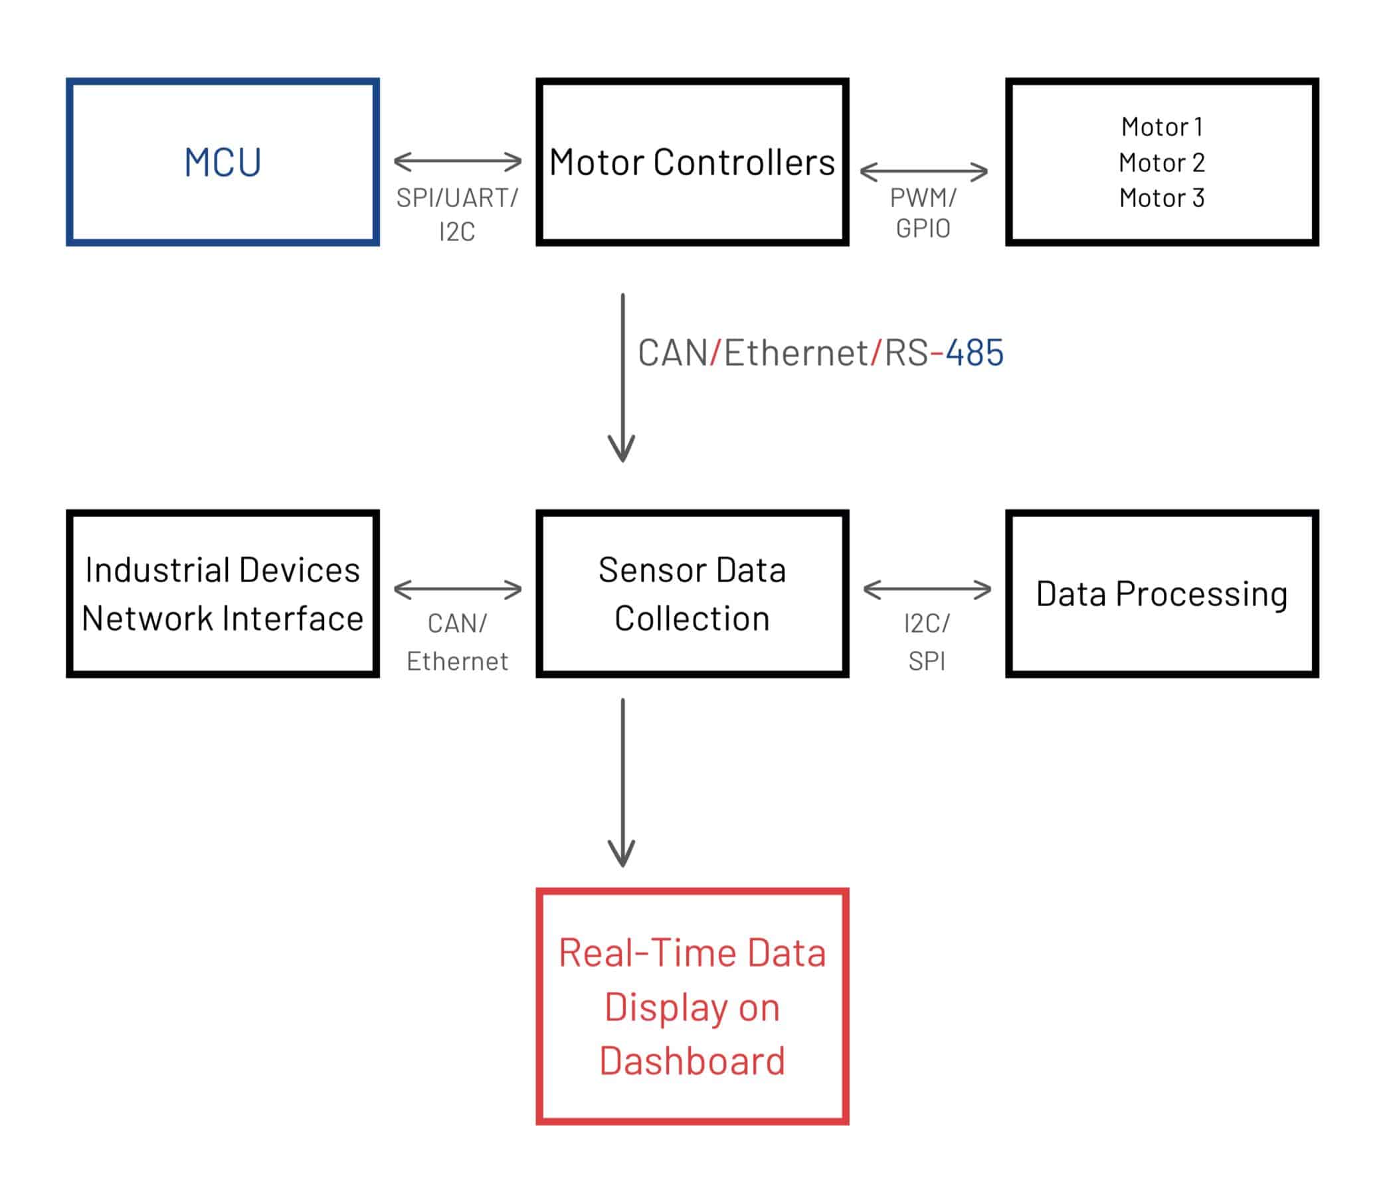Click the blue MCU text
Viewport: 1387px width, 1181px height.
tap(223, 163)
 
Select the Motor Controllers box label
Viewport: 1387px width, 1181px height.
tap(692, 163)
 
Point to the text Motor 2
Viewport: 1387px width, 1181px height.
tap(1161, 163)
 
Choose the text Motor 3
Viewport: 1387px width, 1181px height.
tap(1161, 198)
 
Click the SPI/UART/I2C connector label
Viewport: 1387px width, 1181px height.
tap(456, 214)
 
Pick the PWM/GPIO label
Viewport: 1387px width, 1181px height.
tap(923, 213)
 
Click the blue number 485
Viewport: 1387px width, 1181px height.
tap(974, 353)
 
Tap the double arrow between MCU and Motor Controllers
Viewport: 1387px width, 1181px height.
tap(457, 161)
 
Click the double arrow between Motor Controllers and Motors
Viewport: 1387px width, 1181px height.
tap(923, 172)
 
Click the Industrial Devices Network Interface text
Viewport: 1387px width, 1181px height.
tap(223, 593)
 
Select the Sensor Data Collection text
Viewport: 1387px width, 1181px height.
tap(692, 593)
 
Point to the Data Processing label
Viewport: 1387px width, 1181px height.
tap(1161, 593)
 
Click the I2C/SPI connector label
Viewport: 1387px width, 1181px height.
tap(927, 642)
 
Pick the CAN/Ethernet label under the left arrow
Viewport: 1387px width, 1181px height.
tap(456, 642)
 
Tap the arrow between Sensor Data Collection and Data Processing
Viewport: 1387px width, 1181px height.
tap(927, 590)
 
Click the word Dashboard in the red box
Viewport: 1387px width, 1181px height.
tap(692, 1061)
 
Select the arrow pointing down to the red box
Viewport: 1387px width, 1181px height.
tap(622, 783)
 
